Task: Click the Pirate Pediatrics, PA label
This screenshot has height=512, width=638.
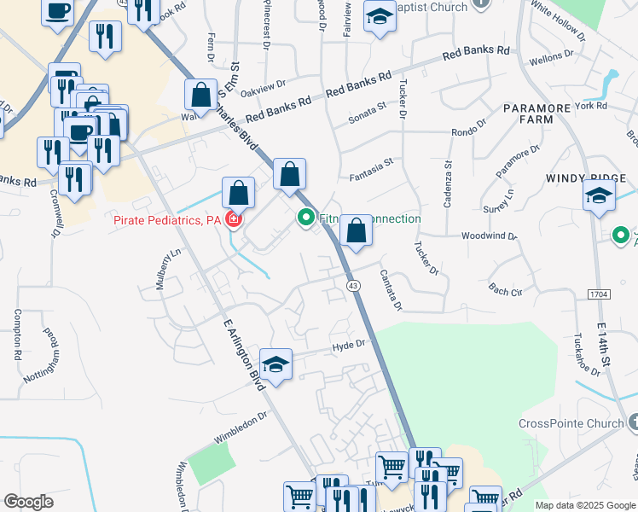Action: click(x=166, y=221)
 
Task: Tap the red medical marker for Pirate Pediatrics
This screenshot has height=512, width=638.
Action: click(x=232, y=221)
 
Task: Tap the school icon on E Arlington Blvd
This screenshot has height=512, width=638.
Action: click(x=275, y=364)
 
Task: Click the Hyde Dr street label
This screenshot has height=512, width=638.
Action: click(x=349, y=344)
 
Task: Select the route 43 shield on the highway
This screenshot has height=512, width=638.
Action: click(x=351, y=283)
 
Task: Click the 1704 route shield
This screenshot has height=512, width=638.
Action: click(x=600, y=294)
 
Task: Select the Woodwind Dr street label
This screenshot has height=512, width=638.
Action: click(x=490, y=236)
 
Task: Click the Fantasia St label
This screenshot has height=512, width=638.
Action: click(x=371, y=173)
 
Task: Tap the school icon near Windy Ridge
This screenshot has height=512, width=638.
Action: click(x=599, y=195)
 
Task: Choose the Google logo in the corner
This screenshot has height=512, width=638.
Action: click(x=28, y=502)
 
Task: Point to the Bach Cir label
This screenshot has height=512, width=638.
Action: click(x=504, y=291)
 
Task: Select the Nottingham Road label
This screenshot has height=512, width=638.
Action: click(x=53, y=346)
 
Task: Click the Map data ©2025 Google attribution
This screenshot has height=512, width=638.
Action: click(x=584, y=505)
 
